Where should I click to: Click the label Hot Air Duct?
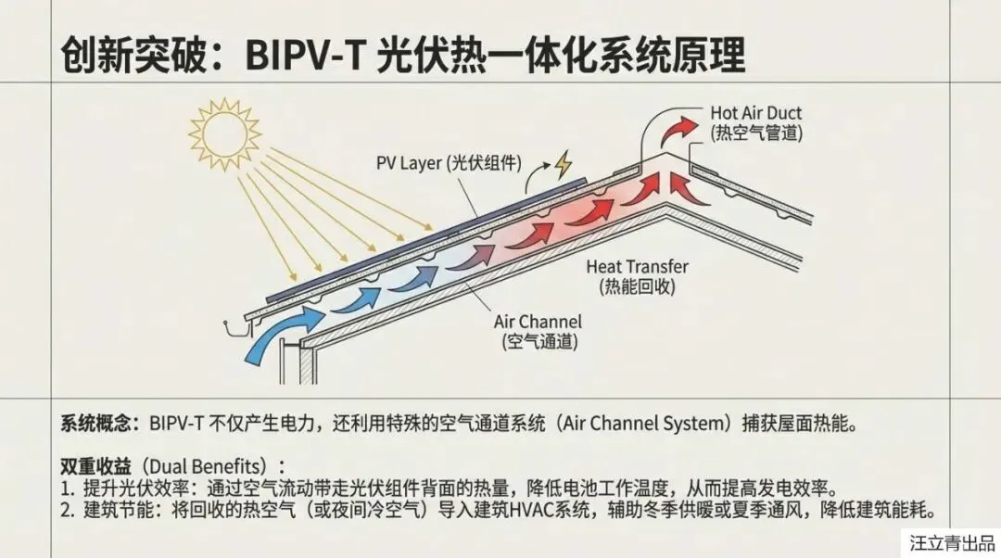(x=755, y=113)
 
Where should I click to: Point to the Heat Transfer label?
(x=637, y=267)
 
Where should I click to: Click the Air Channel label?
(x=538, y=323)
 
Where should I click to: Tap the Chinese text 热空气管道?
(x=756, y=133)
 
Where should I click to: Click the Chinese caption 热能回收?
(x=637, y=286)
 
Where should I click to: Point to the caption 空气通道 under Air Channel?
(x=539, y=342)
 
